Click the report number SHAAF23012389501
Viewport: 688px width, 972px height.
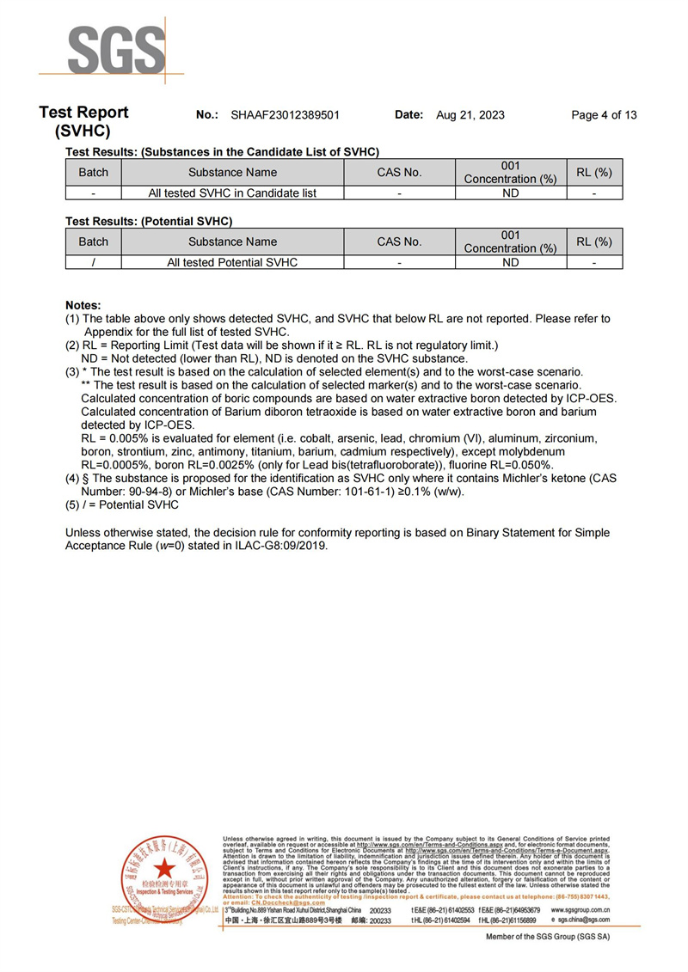(286, 115)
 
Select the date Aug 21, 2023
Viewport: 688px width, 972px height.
(470, 115)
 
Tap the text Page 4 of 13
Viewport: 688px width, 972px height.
(604, 115)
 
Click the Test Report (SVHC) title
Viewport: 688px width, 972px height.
(83, 122)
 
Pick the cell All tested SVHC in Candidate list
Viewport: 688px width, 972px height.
(232, 193)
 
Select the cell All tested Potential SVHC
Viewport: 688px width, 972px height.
(232, 262)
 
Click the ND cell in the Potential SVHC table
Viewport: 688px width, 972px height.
(511, 262)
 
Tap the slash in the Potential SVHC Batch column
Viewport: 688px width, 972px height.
(93, 262)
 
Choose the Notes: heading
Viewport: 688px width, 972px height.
(83, 305)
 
